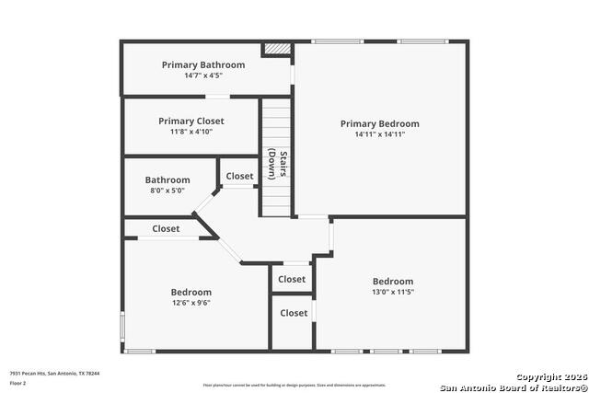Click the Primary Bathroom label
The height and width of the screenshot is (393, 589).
click(x=203, y=64)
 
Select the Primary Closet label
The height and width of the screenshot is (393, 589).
click(x=191, y=121)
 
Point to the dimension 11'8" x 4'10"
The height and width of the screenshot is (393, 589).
click(x=191, y=132)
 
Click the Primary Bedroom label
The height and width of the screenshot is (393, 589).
click(x=379, y=123)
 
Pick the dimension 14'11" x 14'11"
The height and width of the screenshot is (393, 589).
click(x=379, y=134)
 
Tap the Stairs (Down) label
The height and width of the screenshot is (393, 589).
click(x=278, y=164)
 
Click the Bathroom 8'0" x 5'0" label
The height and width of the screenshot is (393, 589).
click(x=167, y=180)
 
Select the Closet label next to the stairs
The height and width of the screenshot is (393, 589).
click(x=239, y=176)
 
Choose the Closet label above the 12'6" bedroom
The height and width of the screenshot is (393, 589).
click(x=166, y=228)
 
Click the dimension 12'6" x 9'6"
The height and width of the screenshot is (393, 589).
click(x=191, y=303)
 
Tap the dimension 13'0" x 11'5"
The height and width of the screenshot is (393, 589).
click(x=392, y=292)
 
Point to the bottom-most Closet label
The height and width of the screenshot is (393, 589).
click(x=294, y=313)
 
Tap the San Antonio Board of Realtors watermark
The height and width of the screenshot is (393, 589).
click(x=513, y=386)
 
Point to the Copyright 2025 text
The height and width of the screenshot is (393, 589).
click(x=551, y=376)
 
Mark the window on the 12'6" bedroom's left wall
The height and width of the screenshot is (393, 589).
click(x=122, y=328)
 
